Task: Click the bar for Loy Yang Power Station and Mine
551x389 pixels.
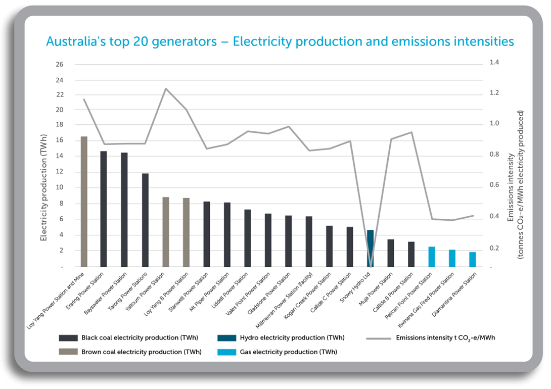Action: tap(84, 202)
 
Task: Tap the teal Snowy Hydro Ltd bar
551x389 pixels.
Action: tap(371, 248)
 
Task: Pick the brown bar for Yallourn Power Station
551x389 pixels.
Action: tap(165, 232)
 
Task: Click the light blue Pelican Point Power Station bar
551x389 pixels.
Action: tap(432, 257)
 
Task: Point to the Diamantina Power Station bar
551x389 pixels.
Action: tap(473, 259)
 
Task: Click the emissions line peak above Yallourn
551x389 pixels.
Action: tap(166, 89)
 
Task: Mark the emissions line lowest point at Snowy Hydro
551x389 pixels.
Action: tap(371, 266)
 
